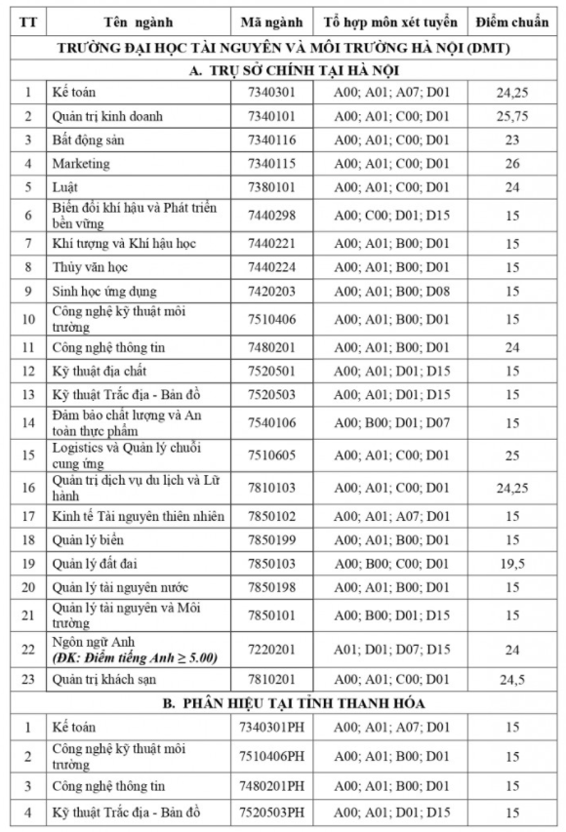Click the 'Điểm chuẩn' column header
point(512,21)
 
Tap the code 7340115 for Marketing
point(272,163)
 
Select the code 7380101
point(272,186)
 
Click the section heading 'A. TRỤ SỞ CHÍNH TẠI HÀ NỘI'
point(283,69)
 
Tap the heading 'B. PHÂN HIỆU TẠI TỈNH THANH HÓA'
point(283,702)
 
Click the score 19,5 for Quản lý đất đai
point(512,563)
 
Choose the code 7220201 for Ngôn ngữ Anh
point(272,648)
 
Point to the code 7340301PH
point(276,727)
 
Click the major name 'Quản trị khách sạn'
point(104,679)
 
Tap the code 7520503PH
point(276,812)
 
